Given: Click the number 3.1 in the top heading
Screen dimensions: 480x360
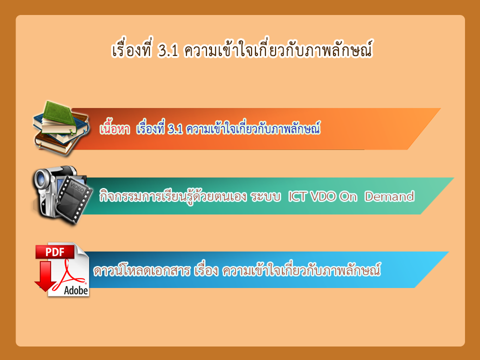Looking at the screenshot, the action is point(168,50).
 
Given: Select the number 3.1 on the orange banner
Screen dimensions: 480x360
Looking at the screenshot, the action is point(175,129).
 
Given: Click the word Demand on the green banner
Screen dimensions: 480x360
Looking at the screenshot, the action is point(389,196).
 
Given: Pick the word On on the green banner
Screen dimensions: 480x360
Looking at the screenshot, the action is point(348,196).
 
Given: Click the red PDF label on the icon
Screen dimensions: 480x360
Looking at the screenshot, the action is point(55,252).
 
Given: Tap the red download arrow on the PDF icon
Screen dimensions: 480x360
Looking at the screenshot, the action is point(45,276).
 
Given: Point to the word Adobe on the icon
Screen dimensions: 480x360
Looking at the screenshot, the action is point(76,290).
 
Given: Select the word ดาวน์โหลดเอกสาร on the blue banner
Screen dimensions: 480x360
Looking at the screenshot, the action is point(142,270).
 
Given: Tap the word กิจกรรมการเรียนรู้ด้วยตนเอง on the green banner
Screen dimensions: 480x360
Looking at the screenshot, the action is point(173,196).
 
